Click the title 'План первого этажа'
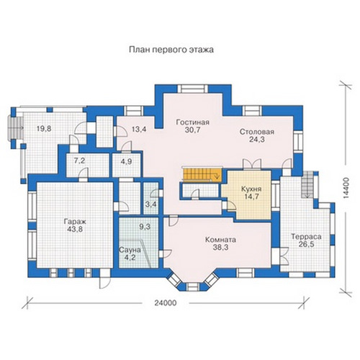click(171, 50)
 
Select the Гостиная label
click(193, 122)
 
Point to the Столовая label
click(257, 132)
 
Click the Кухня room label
click(251, 189)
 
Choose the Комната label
click(220, 240)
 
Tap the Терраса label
click(306, 237)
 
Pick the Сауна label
click(130, 250)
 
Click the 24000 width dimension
click(165, 303)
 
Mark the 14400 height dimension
click(346, 188)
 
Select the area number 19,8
click(44, 129)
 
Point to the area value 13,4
click(139, 129)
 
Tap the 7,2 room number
click(79, 161)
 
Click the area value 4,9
click(126, 161)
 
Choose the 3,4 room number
click(151, 204)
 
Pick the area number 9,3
click(145, 227)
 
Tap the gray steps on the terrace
click(307, 184)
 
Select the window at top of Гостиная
click(194, 89)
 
